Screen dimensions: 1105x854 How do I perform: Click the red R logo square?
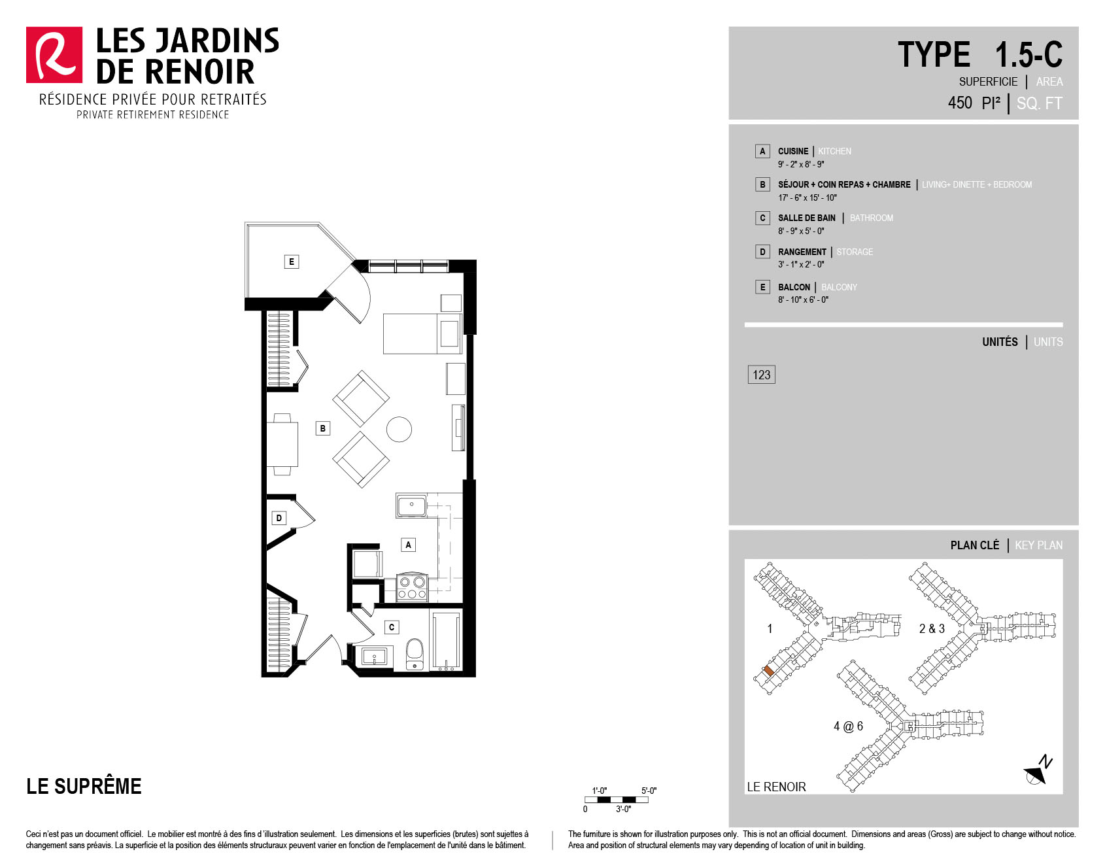click(x=54, y=55)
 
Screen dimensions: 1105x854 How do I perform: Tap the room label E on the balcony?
click(x=292, y=262)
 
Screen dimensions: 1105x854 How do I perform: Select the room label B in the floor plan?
click(x=322, y=428)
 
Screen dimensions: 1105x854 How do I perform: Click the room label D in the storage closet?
click(x=279, y=518)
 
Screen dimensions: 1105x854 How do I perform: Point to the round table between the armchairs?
click(x=399, y=429)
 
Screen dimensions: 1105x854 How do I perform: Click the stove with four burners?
click(x=412, y=587)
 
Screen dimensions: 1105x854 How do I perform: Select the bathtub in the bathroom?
click(x=445, y=641)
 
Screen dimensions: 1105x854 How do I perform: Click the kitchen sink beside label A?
click(x=411, y=505)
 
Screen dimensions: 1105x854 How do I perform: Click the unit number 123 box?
click(x=761, y=375)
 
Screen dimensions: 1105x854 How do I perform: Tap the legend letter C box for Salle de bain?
click(x=762, y=218)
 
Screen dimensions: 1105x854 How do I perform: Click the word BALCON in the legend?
click(x=794, y=287)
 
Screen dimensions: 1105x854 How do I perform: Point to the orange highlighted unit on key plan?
click(x=769, y=671)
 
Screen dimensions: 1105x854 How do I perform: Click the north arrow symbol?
click(x=1038, y=770)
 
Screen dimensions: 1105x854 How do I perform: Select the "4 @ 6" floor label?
click(x=848, y=726)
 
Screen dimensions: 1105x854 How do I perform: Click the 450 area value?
click(x=960, y=103)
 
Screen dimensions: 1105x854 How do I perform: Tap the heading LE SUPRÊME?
click(x=84, y=785)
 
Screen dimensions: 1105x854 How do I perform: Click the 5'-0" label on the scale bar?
click(x=649, y=791)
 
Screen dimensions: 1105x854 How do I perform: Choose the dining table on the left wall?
click(x=282, y=444)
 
